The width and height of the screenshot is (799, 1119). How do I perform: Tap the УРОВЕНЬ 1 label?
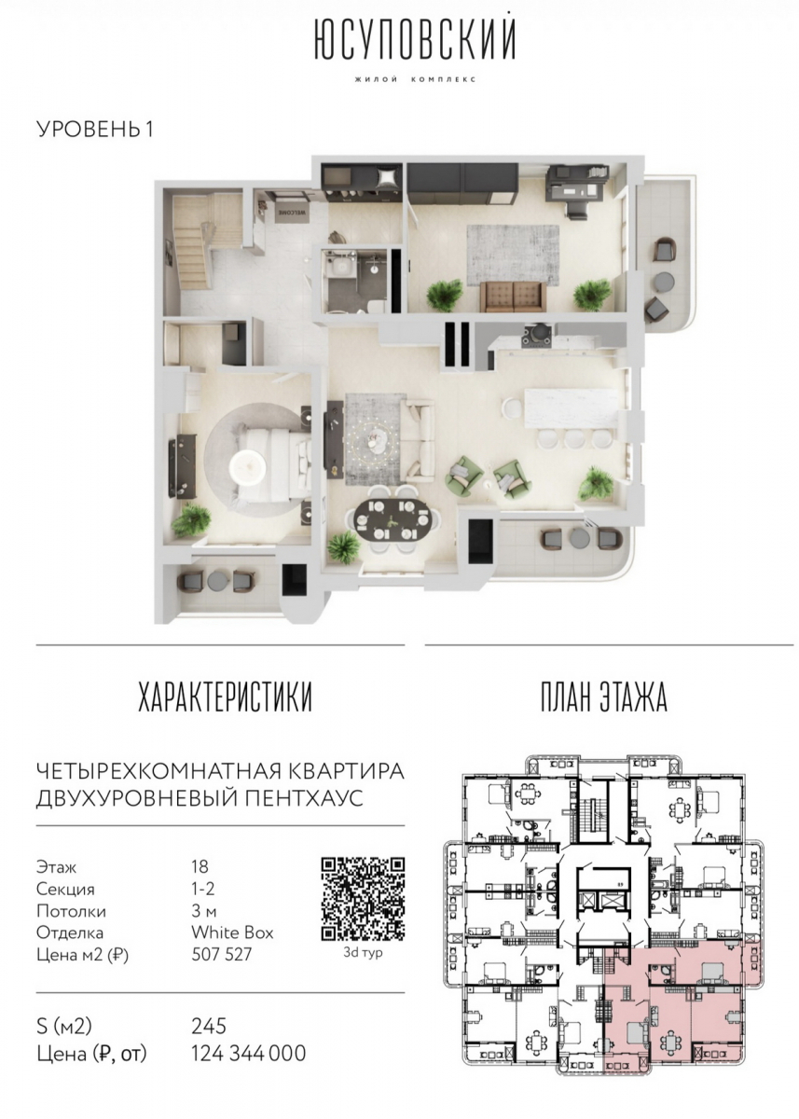pos(95,130)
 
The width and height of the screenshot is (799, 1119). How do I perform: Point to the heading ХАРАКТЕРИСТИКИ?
pos(225,697)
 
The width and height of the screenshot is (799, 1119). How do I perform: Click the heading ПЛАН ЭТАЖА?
pos(603,697)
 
